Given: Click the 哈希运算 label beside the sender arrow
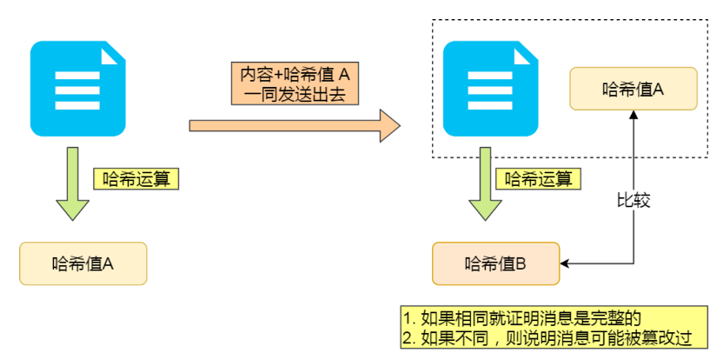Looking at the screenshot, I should coord(136,179).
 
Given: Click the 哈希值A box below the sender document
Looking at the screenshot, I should coord(83,263).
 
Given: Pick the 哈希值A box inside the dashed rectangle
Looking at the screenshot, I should coord(633,89).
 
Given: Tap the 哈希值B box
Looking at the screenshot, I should coord(495,263).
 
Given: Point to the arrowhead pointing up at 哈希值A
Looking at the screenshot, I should coord(634,117).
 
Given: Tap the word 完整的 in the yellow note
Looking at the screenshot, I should coord(623,317).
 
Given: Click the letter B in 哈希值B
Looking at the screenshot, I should coord(520,263).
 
